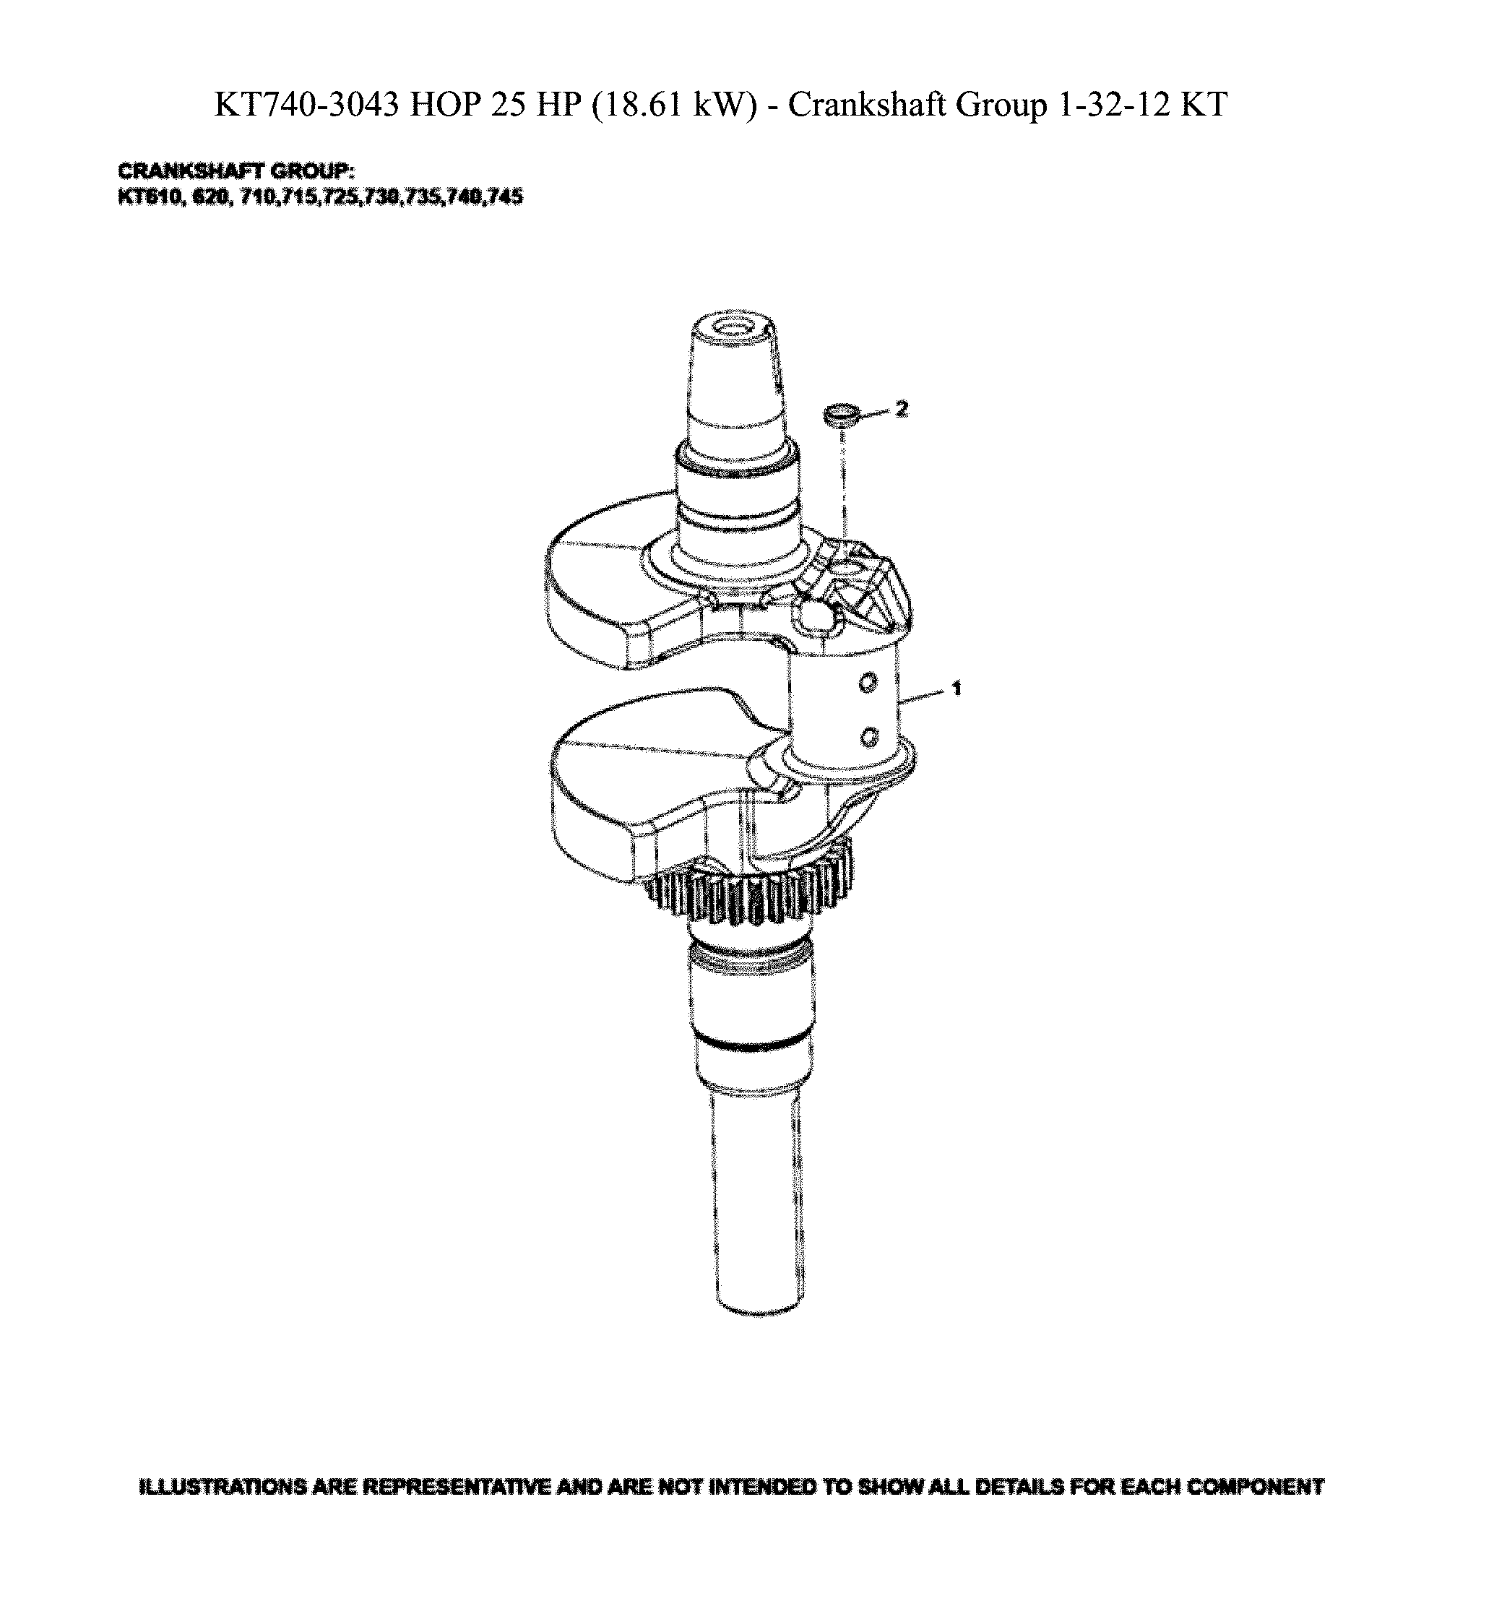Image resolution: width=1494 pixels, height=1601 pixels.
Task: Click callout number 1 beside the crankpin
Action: (x=956, y=689)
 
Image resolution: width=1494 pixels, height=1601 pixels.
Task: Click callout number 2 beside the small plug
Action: (x=901, y=410)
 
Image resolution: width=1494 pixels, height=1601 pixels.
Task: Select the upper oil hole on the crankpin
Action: (x=868, y=684)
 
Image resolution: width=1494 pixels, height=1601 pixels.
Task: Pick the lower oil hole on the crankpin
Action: (x=868, y=735)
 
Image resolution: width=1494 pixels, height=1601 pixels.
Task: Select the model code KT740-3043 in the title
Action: (x=306, y=105)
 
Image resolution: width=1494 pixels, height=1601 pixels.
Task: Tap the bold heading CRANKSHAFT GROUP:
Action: (x=236, y=171)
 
